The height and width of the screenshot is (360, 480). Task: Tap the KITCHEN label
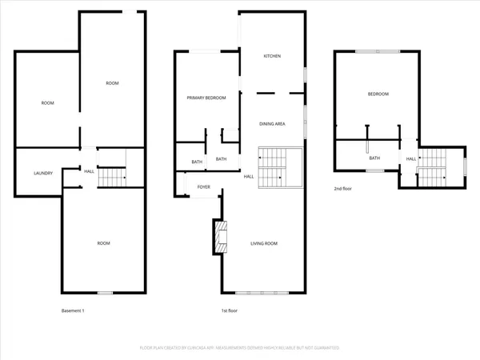tap(273, 56)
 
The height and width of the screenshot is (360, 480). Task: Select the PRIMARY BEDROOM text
tap(206, 98)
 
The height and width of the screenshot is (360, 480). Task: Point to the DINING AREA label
tap(273, 124)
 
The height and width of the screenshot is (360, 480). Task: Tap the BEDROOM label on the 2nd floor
tap(378, 94)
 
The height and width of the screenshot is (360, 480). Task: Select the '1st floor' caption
tap(230, 310)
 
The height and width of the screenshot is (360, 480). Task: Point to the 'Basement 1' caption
tap(72, 310)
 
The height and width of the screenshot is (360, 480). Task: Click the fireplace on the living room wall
tap(218, 237)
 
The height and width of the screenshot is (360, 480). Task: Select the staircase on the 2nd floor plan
tap(438, 166)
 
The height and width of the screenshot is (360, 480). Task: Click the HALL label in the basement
tap(89, 170)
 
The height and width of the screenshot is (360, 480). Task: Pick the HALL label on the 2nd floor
tap(410, 159)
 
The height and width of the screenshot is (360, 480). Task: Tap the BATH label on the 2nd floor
tap(374, 158)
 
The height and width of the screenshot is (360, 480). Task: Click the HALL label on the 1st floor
tap(249, 176)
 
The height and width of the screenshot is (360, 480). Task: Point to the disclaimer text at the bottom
tap(240, 348)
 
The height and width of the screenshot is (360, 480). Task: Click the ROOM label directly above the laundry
tap(48, 103)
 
